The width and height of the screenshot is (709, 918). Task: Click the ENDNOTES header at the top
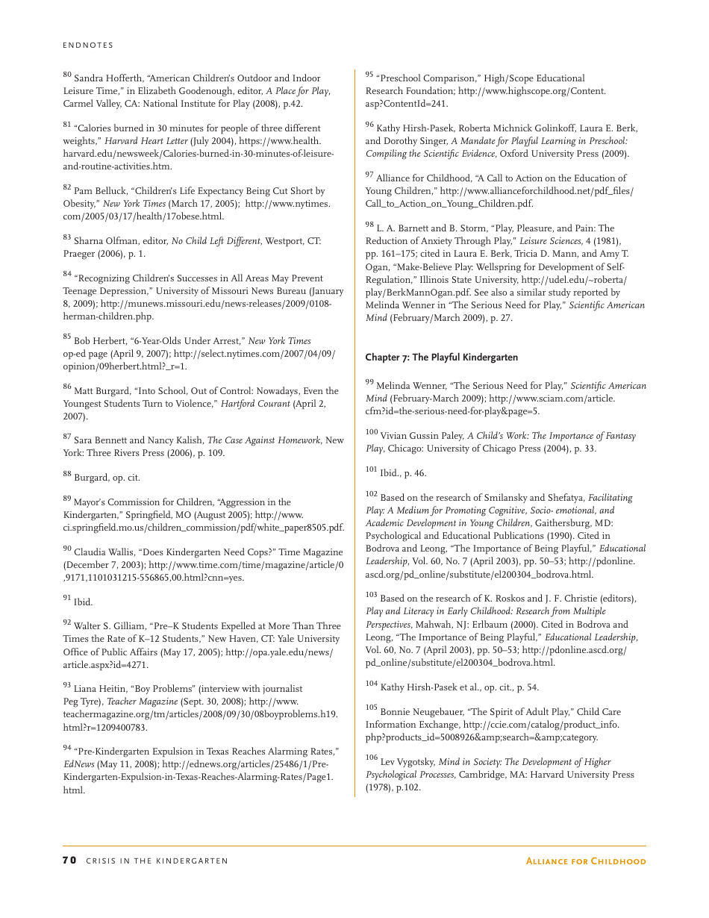(x=88, y=46)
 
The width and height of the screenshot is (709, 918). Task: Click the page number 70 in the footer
(x=69, y=861)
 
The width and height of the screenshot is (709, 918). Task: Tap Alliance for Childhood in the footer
(x=586, y=861)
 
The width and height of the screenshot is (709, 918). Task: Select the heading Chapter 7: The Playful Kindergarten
(x=441, y=357)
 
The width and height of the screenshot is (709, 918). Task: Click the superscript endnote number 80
(x=67, y=75)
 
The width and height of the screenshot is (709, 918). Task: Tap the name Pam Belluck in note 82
(x=100, y=191)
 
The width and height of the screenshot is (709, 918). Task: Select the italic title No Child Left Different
(x=216, y=241)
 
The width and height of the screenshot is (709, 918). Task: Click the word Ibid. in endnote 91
(x=83, y=602)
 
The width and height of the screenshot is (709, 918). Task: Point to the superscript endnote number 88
(x=67, y=474)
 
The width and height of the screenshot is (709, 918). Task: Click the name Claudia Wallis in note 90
(x=104, y=552)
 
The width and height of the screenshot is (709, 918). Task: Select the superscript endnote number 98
(x=369, y=225)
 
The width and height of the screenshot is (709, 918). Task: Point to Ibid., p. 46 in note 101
(x=403, y=473)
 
